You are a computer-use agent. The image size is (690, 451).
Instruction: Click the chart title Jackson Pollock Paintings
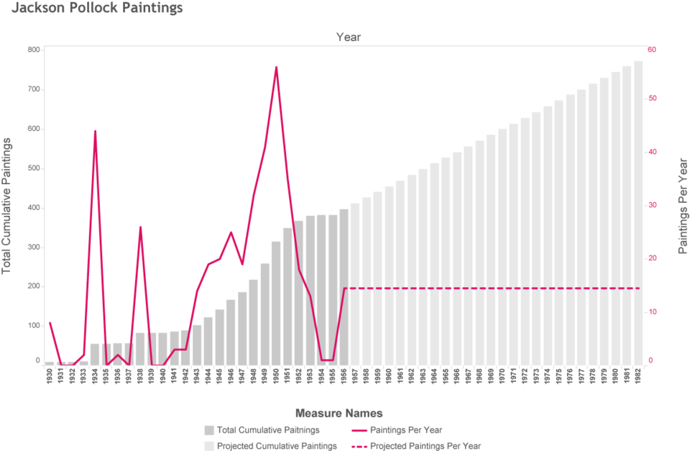click(x=97, y=7)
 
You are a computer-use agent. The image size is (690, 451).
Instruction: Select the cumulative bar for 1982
click(x=638, y=213)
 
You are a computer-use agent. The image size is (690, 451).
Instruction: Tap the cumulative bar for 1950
click(x=276, y=304)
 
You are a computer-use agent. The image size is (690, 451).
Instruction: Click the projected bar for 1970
click(x=502, y=247)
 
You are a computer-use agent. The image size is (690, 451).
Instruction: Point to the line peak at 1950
click(x=276, y=68)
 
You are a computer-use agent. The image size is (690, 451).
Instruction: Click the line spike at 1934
click(x=95, y=131)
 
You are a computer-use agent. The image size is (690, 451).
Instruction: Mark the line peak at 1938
click(x=140, y=227)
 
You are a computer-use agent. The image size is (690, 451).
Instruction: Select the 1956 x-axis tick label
click(x=344, y=376)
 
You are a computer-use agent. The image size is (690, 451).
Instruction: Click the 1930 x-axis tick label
click(x=50, y=376)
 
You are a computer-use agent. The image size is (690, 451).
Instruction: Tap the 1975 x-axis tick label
click(x=559, y=376)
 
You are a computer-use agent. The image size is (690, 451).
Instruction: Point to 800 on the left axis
click(x=34, y=50)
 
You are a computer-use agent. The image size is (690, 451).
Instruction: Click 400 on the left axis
click(x=34, y=207)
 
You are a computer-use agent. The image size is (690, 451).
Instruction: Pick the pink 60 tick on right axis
click(x=652, y=50)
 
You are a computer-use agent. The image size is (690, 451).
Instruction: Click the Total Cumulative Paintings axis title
click(x=6, y=206)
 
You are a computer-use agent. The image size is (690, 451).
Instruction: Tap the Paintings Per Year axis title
click(x=683, y=206)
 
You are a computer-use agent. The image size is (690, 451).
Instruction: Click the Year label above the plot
click(x=349, y=37)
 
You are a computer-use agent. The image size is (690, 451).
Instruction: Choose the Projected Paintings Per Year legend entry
click(x=416, y=446)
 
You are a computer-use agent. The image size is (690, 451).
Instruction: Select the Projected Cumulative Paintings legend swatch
click(x=209, y=446)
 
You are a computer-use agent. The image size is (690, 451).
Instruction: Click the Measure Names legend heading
click(x=339, y=413)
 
